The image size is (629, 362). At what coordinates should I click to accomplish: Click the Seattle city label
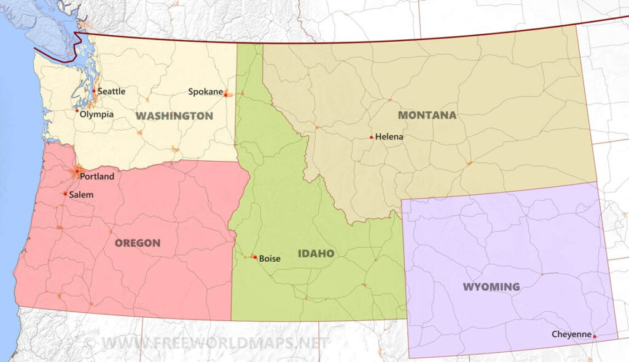tap(111, 92)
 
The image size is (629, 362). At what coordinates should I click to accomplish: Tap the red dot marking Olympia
tap(77, 111)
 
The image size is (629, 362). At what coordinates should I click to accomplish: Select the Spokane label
tap(205, 92)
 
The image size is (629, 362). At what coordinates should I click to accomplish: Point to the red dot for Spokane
tap(225, 95)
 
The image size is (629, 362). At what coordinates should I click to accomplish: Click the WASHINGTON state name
tap(174, 116)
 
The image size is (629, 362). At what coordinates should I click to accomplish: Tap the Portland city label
tap(97, 176)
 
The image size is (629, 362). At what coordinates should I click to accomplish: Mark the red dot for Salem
tap(65, 194)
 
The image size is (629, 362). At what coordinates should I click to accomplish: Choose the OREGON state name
tap(138, 243)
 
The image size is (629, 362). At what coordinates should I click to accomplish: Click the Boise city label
tap(269, 259)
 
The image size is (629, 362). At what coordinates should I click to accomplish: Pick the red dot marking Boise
tap(254, 257)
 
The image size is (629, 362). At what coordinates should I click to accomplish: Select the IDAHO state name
tap(316, 253)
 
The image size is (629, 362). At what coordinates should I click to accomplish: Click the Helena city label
tap(389, 137)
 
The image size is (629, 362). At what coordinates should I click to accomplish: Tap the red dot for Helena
tap(371, 137)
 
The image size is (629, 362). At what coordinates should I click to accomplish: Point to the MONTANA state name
tap(427, 115)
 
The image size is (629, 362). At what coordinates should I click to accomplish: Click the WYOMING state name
tap(491, 286)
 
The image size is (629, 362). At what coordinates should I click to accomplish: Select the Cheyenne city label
tap(571, 335)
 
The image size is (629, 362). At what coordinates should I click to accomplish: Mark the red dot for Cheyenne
tap(595, 336)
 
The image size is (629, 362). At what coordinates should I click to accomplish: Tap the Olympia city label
tap(97, 114)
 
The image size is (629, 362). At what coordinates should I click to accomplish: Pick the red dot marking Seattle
tap(94, 91)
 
